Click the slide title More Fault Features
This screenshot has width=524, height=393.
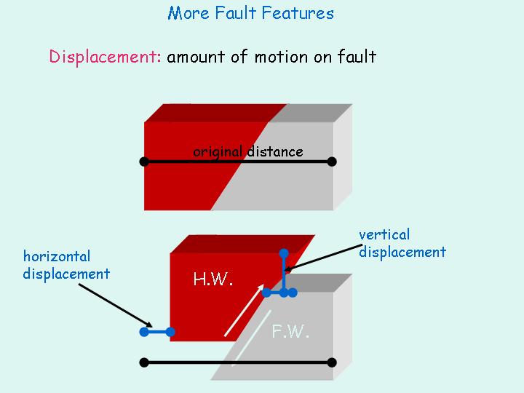point(251,13)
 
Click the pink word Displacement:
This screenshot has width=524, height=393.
point(105,57)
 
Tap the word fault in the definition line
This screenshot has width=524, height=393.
point(356,57)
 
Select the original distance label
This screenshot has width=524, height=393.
point(247,151)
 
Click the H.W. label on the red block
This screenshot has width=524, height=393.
point(213,278)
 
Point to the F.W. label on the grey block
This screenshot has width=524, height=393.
point(290,332)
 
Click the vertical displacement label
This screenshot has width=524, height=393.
point(402,243)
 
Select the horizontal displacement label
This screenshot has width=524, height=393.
point(66,265)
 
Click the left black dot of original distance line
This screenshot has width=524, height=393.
point(144,161)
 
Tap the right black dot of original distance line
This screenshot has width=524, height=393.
point(332,161)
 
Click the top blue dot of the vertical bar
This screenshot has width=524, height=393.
point(284,253)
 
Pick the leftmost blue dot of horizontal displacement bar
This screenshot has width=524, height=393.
point(144,332)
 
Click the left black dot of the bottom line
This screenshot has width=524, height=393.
point(144,362)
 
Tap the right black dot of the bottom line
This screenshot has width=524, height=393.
point(332,362)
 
